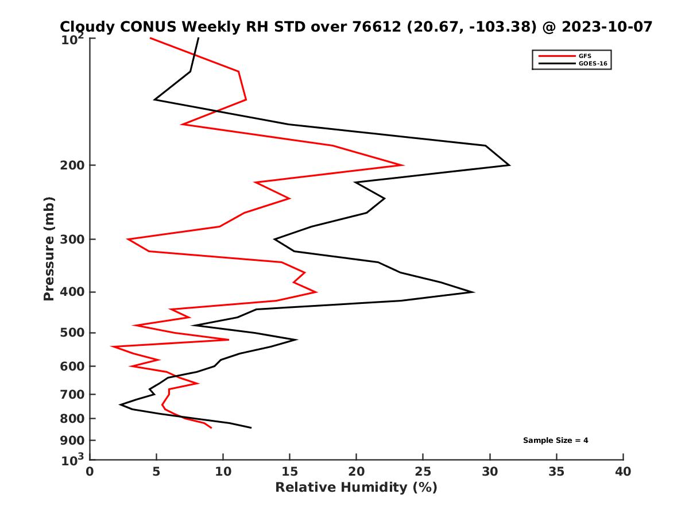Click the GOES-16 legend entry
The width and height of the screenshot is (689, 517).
coord(592,64)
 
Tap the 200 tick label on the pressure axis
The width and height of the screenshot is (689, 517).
coord(73,165)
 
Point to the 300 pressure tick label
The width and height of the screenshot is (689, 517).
coord(73,240)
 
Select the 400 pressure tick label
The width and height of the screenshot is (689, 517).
coord(73,292)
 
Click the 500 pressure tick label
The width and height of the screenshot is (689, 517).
coord(73,333)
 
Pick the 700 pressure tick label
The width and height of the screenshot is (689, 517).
coord(73,395)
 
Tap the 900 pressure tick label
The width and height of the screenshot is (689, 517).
coord(73,441)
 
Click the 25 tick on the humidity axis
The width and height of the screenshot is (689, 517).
coord(423,472)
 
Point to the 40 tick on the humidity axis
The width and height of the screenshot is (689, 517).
coord(623,472)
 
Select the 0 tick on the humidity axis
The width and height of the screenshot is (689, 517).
coord(90,472)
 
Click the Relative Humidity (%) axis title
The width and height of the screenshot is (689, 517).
coord(356,488)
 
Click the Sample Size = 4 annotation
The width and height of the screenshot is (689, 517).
coord(555,441)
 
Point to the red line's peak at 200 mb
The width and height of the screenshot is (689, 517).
coord(403,165)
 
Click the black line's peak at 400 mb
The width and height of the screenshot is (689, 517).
coord(473,292)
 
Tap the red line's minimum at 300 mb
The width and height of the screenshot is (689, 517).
coord(128,239)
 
